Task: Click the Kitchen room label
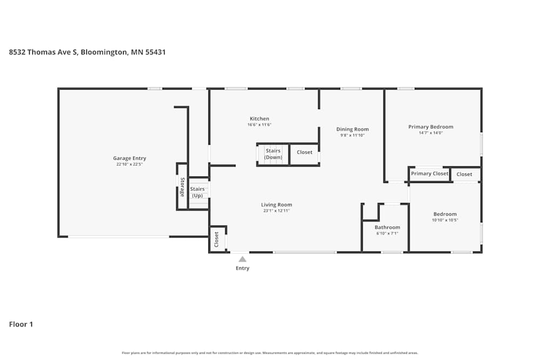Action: tap(259, 119)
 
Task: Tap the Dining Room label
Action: tap(352, 130)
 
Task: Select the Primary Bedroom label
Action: tap(430, 127)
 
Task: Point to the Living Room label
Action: tap(276, 205)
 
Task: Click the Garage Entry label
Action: tap(130, 158)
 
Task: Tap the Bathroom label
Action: tap(387, 227)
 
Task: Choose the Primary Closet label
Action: tap(429, 173)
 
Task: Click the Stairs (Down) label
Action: tap(273, 154)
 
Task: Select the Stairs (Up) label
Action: tap(197, 192)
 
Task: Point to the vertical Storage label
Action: tap(183, 187)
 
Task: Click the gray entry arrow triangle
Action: tap(242, 259)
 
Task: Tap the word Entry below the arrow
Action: tap(242, 268)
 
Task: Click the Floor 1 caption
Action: tap(21, 324)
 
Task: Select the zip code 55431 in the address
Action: tap(156, 52)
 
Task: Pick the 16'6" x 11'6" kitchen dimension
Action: tap(259, 125)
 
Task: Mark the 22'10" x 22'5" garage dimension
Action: tap(130, 165)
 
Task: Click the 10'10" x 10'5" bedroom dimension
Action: tap(445, 220)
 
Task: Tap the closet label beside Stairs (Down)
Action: tap(305, 152)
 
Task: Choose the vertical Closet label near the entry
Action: tap(217, 239)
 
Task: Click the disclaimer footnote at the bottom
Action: tap(269, 353)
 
